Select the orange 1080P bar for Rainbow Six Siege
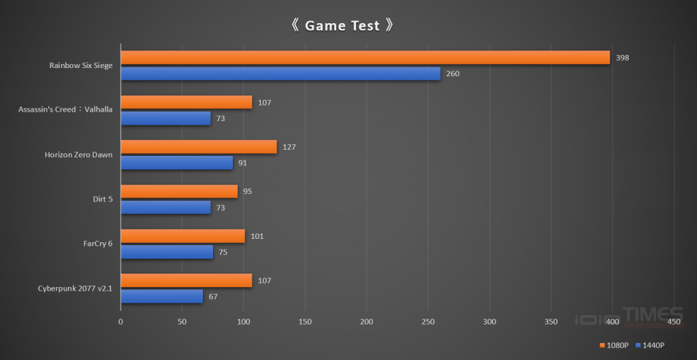pyautogui.click(x=365, y=58)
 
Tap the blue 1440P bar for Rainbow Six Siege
pyautogui.click(x=280, y=73)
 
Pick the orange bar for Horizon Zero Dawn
pyautogui.click(x=199, y=147)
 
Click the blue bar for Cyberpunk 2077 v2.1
pyautogui.click(x=161, y=297)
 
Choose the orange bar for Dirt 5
pyautogui.click(x=179, y=191)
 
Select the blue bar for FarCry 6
pyautogui.click(x=167, y=252)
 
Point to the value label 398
pyautogui.click(x=622, y=58)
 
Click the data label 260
pyautogui.click(x=453, y=73)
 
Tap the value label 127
pyautogui.click(x=289, y=147)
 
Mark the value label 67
pyautogui.click(x=213, y=297)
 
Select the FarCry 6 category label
pyautogui.click(x=95, y=244)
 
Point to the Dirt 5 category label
pyautogui.click(x=102, y=199)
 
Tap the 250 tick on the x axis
pyautogui.click(x=428, y=321)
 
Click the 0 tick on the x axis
pyautogui.click(x=120, y=321)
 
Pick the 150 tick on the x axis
pyautogui.click(x=305, y=321)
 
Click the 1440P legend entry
pyautogui.click(x=653, y=346)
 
